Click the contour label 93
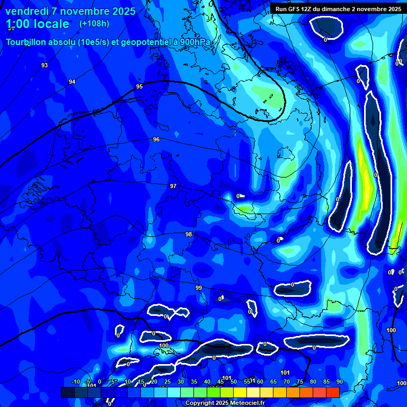45,65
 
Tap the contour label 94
72,82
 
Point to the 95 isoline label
139,86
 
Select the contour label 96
156,139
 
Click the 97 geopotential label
173,186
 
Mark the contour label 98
189,234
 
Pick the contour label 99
199,288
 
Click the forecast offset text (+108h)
94,23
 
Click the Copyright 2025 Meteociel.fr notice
224,403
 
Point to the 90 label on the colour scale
339,382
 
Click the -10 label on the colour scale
75,382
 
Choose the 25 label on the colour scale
167,382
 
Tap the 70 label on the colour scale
286,382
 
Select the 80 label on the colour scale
313,382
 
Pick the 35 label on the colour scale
194,382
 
